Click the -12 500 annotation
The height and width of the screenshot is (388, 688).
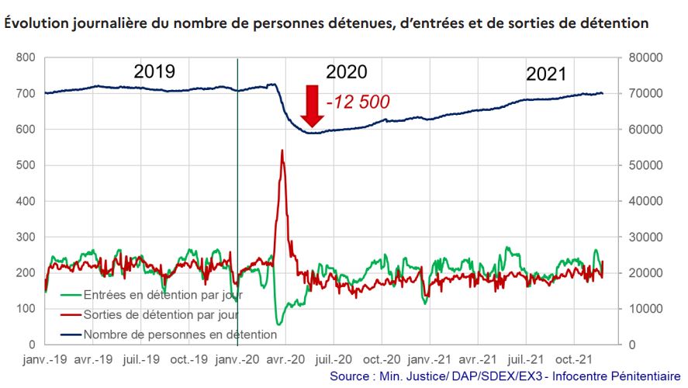coord(358,102)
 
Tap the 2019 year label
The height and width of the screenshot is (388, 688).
coord(154,72)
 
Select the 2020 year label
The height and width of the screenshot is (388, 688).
coord(346,72)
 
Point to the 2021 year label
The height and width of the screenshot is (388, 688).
coord(546,74)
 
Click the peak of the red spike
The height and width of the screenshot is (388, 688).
coord(282,151)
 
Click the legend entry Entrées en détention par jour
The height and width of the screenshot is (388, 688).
coord(151,296)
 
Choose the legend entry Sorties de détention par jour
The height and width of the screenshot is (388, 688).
coord(151,315)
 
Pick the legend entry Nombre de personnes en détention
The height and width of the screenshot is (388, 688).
coord(170,334)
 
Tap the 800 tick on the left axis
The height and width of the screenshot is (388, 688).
coord(26,58)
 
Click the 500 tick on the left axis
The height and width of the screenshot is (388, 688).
coord(26,165)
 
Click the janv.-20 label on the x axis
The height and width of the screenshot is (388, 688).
coord(237,359)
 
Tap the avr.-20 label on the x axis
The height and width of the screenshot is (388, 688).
coord(285,359)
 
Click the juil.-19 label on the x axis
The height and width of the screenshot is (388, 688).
coord(142,359)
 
